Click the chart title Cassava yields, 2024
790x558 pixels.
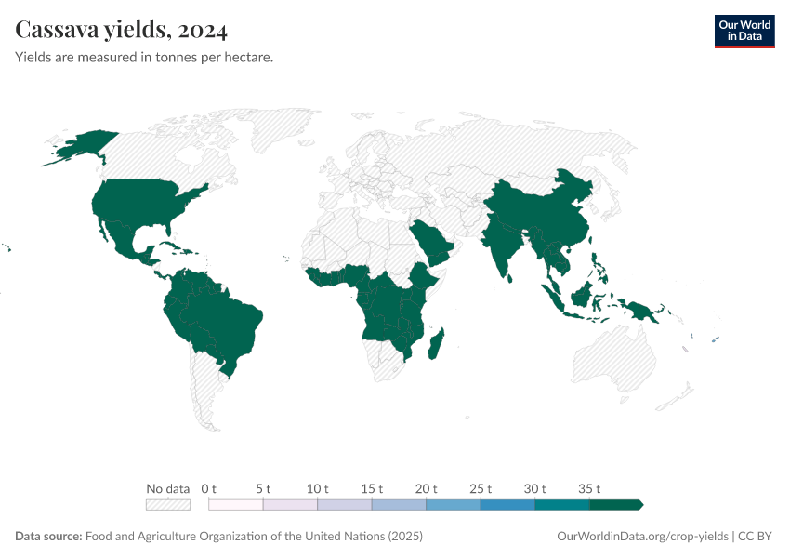click(122, 31)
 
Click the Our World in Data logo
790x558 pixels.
click(744, 31)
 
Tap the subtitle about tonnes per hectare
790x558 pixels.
click(144, 58)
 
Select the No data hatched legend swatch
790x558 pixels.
click(168, 505)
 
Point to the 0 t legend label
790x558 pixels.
click(208, 488)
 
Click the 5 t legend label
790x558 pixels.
click(263, 488)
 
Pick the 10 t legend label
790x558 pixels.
click(318, 488)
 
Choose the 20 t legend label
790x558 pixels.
click(427, 488)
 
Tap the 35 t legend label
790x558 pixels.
click(590, 488)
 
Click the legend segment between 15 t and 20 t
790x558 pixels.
click(399, 505)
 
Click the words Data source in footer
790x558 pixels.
click(48, 537)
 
